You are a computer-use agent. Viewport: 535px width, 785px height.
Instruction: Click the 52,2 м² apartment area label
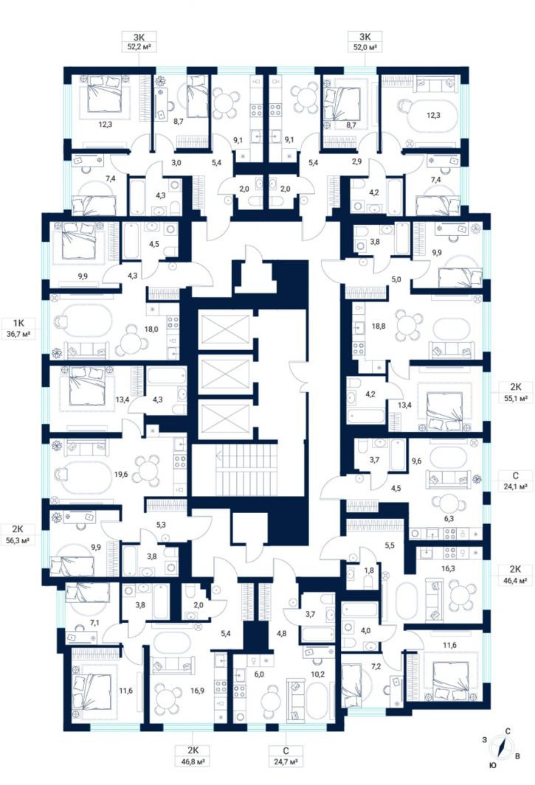[139, 48]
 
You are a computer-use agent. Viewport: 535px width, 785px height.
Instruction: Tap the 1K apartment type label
[18, 322]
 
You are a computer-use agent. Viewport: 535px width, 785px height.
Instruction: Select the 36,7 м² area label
[18, 333]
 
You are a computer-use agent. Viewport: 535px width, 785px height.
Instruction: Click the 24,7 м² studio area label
[286, 762]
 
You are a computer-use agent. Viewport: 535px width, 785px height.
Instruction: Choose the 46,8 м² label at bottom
[193, 762]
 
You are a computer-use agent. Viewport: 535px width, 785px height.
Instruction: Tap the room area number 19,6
[121, 474]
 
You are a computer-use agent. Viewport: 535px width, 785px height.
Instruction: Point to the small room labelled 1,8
[368, 571]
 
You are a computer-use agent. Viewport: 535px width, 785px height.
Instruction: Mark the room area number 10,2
[317, 674]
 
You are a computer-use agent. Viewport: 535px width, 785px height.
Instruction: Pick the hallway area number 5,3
[161, 525]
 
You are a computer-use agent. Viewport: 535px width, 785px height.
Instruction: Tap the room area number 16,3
[448, 568]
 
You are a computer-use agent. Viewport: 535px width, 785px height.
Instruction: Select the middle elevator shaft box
[224, 374]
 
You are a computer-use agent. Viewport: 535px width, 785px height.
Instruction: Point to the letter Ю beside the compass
[493, 765]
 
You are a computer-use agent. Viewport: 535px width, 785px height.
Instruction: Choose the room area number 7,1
[81, 623]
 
